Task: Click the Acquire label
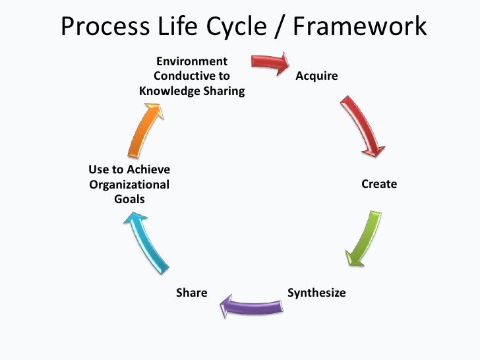tap(316, 76)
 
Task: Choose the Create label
tap(379, 184)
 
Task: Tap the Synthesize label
tap(316, 292)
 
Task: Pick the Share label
tap(191, 292)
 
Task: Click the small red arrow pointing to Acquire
tap(270, 63)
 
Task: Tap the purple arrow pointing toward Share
tap(253, 305)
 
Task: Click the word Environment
tap(191, 61)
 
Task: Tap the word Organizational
tap(129, 185)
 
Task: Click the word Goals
tap(129, 199)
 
